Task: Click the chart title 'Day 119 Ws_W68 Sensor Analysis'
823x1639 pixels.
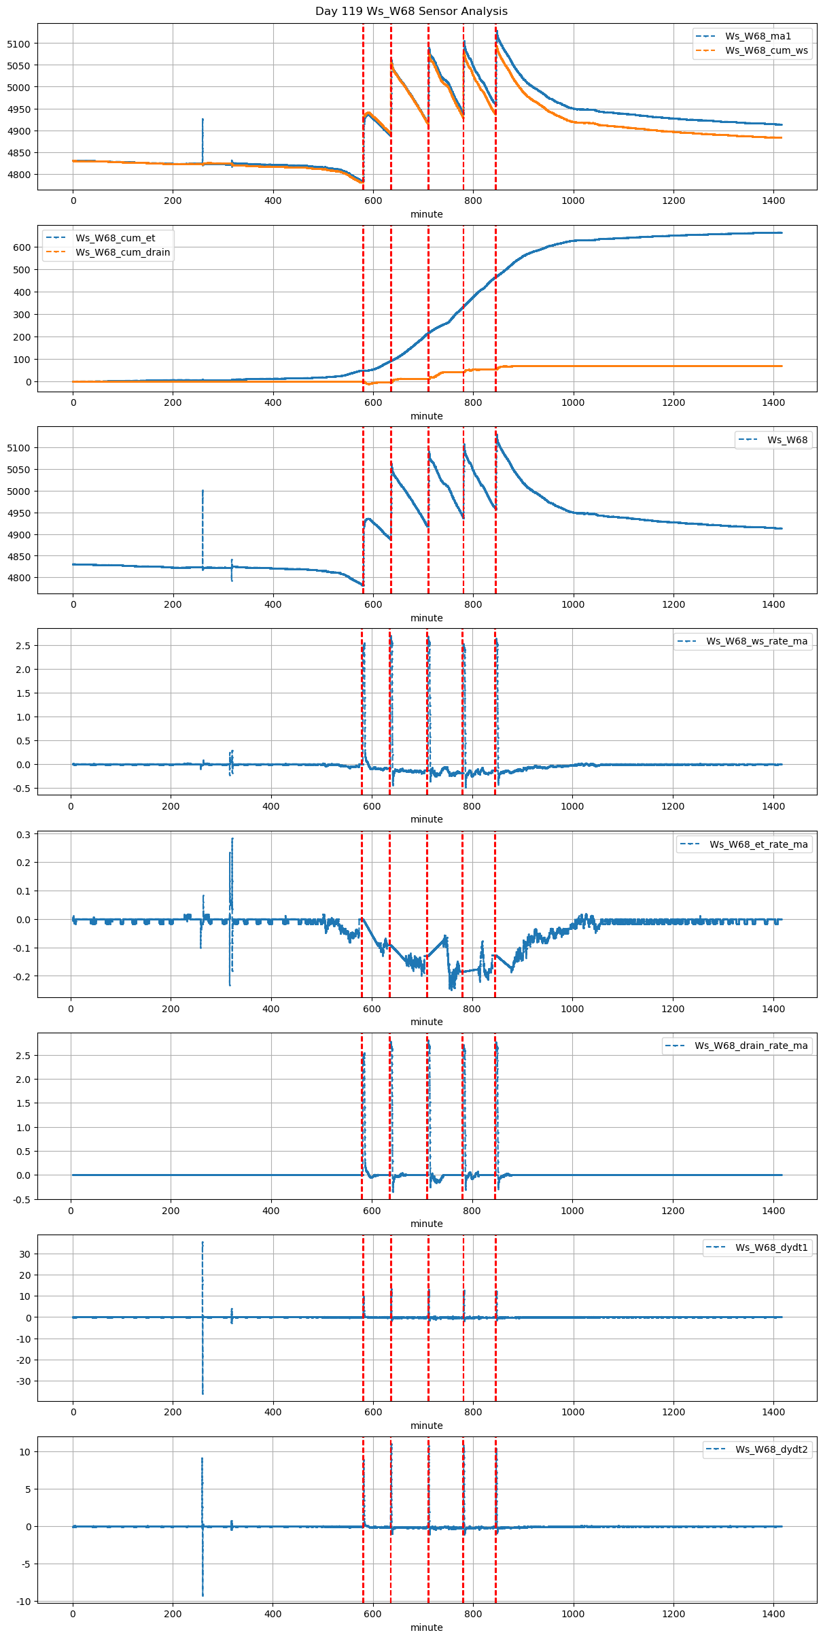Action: point(411,12)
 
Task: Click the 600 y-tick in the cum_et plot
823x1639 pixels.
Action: point(23,247)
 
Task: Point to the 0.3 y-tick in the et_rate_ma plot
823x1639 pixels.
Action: point(23,834)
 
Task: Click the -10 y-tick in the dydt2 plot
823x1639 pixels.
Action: point(23,1602)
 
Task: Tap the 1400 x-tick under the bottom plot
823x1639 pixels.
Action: point(773,1614)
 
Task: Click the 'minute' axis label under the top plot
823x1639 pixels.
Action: point(426,214)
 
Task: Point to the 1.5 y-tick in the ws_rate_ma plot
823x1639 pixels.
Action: point(23,693)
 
